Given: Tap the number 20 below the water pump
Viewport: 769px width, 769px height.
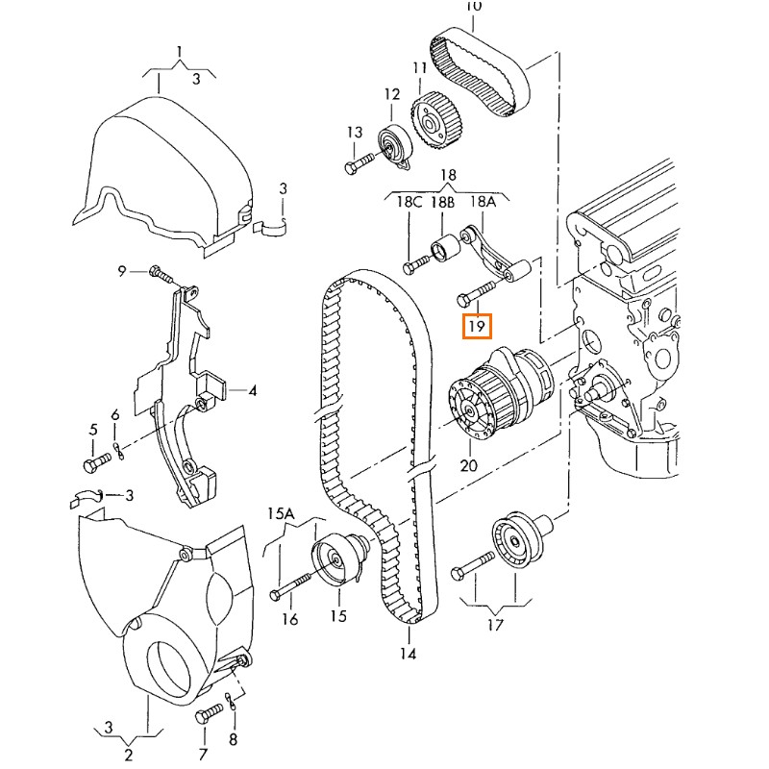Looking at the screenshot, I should tap(468, 466).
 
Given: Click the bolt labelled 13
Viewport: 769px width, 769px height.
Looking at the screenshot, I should tap(355, 165).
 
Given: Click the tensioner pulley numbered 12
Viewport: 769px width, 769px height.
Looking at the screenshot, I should tap(393, 146).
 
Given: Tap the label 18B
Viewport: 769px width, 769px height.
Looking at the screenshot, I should tap(442, 204).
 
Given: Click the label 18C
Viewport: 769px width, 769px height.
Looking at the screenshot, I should tap(410, 204).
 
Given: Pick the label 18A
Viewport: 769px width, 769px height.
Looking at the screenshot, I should tap(483, 204).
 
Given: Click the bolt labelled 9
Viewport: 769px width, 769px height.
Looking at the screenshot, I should tap(161, 275).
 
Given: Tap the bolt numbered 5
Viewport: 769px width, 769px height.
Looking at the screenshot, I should tap(93, 465).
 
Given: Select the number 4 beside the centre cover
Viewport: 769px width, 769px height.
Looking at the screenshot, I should tap(254, 391).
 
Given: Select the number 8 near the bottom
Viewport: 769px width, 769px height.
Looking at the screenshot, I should tap(234, 740).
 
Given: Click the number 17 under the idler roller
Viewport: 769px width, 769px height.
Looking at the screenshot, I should tap(494, 627).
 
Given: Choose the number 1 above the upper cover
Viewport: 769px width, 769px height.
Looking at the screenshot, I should tap(178, 50).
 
